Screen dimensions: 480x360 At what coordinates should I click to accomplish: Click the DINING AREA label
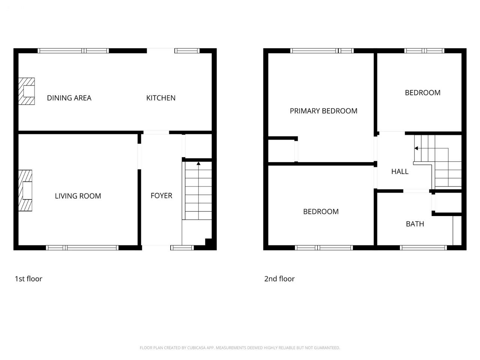tap(69, 98)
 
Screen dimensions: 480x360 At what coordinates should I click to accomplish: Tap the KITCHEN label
tap(161, 98)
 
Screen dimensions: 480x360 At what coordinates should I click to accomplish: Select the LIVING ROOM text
tap(78, 196)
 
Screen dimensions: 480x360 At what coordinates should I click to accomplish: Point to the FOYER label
tap(161, 195)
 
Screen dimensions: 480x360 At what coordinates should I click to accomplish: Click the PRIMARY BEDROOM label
tap(323, 111)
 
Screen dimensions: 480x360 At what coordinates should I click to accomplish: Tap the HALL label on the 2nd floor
tap(400, 171)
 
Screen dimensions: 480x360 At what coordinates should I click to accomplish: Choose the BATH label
tap(415, 224)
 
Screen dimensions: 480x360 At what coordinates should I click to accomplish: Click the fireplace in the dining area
tap(27, 91)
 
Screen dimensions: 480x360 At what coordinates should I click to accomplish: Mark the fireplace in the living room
tap(25, 190)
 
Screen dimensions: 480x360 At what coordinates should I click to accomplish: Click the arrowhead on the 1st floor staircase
tap(198, 163)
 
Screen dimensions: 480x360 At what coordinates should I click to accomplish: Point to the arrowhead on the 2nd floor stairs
tap(416, 148)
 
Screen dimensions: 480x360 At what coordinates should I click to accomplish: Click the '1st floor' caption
tap(28, 279)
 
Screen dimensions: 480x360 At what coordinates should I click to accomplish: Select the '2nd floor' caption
tap(279, 279)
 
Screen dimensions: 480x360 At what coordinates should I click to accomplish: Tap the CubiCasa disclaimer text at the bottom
tap(240, 348)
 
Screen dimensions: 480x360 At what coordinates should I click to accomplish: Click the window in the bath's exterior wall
tap(423, 247)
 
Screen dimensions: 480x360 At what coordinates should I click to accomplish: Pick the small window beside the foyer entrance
tap(182, 247)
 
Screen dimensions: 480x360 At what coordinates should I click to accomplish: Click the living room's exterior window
tap(82, 247)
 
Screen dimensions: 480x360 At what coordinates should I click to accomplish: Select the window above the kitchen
tap(187, 51)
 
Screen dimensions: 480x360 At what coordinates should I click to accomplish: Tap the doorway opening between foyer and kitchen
tap(156, 132)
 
